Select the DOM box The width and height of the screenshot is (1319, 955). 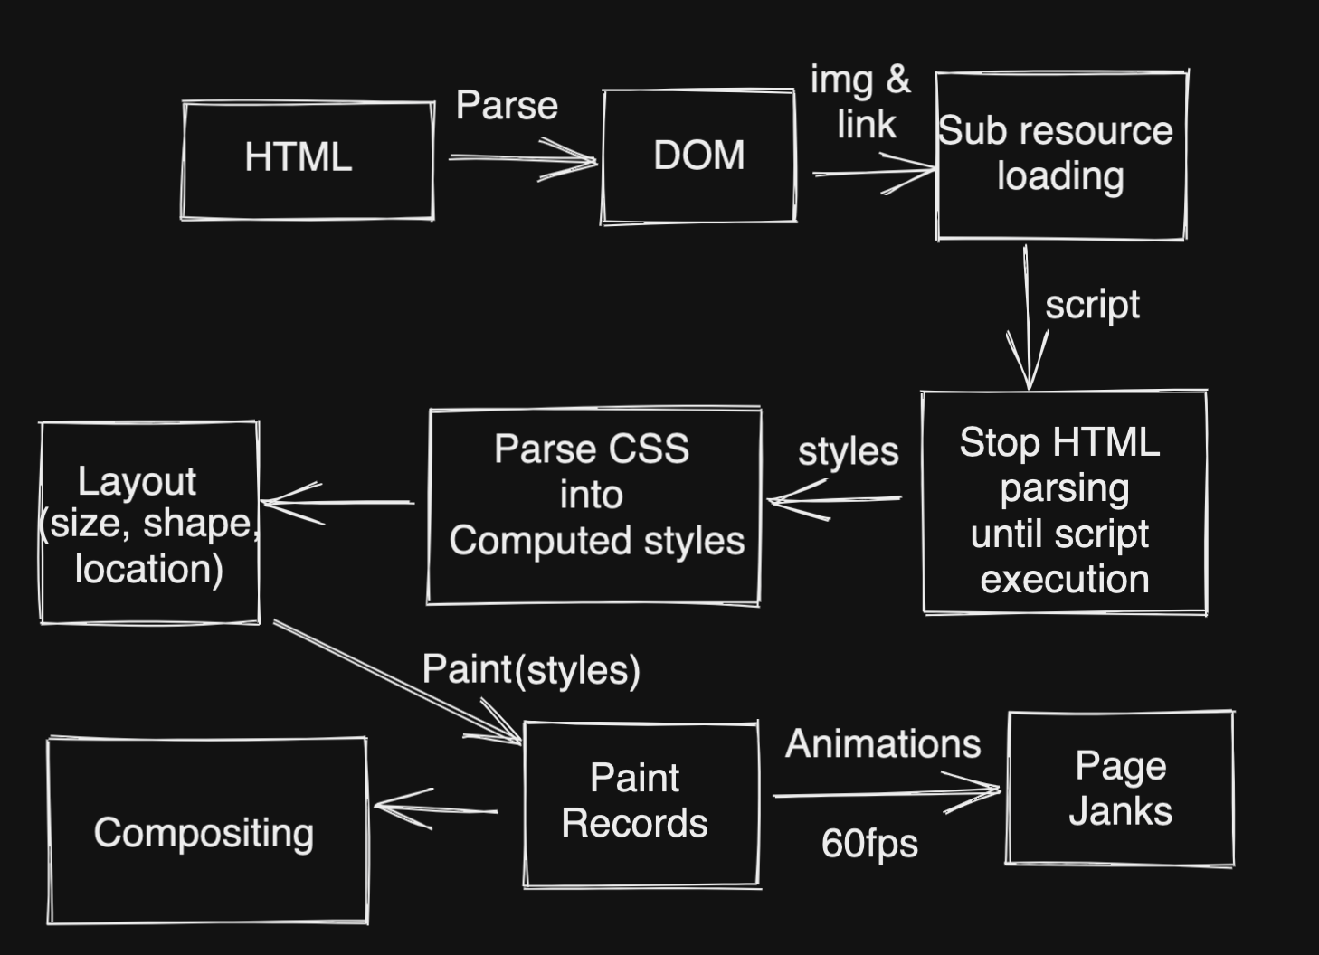click(698, 156)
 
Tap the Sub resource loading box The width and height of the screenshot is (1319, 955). click(1060, 155)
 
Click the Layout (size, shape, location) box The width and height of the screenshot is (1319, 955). click(149, 523)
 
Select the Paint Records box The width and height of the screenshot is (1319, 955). click(641, 803)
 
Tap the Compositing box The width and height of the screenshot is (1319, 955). click(207, 831)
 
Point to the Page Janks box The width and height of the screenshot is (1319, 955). click(1120, 788)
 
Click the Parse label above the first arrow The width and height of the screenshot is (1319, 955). click(507, 105)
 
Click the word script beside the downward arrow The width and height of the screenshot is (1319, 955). click(1092, 305)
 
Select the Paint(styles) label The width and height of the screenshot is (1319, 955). click(531, 670)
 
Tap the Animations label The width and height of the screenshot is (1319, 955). click(883, 744)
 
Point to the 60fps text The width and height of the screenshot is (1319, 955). click(869, 843)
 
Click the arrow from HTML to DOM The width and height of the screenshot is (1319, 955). click(522, 159)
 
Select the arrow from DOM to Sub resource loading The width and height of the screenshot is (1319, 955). click(873, 172)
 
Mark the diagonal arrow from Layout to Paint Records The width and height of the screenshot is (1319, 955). click(398, 683)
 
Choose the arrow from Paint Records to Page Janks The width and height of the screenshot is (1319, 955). click(887, 793)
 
